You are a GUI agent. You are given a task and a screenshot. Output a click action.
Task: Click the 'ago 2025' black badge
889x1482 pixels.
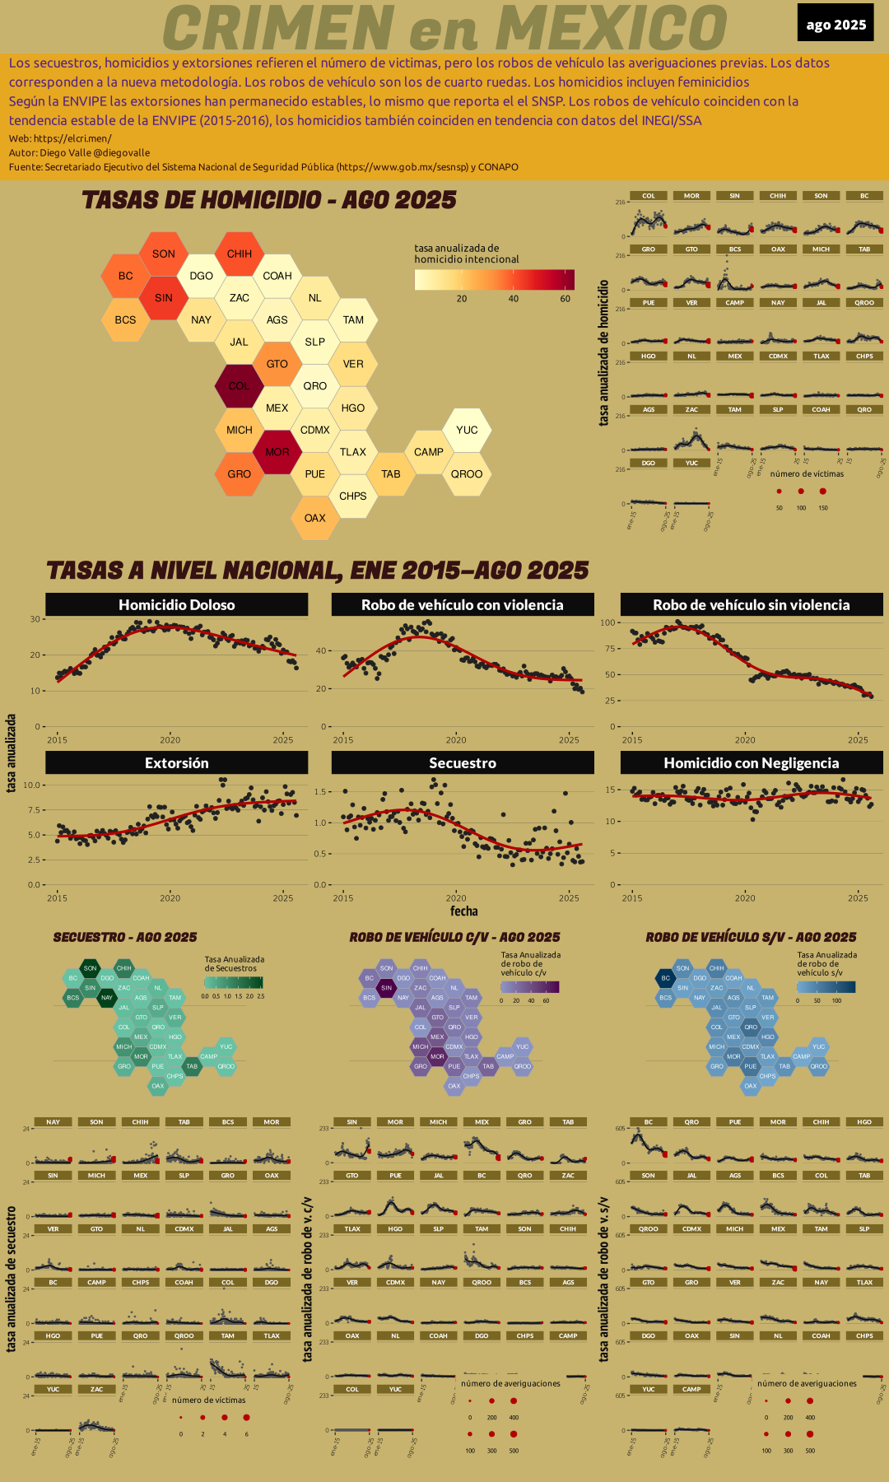(x=835, y=24)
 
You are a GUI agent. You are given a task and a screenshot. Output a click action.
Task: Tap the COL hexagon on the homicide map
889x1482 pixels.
(x=239, y=386)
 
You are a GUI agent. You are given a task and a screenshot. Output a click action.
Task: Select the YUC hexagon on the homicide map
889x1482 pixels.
(x=467, y=430)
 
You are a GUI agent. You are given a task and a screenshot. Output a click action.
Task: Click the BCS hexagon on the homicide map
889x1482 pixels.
(x=125, y=320)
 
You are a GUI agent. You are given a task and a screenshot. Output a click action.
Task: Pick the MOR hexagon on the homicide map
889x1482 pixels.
(x=277, y=452)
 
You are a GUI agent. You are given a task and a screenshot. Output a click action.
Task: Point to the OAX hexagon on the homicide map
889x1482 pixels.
(x=315, y=518)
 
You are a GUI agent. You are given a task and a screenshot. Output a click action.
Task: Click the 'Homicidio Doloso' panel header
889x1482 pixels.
(x=176, y=605)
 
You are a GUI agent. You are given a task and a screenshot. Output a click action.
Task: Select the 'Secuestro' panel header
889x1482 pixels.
(x=463, y=763)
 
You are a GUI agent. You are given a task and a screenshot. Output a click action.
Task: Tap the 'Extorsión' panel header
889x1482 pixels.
(x=176, y=763)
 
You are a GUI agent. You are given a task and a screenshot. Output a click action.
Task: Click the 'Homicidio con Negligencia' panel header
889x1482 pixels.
(x=751, y=763)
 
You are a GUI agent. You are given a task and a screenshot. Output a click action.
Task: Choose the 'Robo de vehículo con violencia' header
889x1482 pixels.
(x=463, y=605)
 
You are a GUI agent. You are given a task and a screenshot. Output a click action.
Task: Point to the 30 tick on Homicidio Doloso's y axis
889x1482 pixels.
(x=35, y=619)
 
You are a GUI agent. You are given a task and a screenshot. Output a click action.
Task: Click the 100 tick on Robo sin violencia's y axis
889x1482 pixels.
(x=608, y=622)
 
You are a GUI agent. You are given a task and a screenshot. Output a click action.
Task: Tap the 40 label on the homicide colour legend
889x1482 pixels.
(x=514, y=299)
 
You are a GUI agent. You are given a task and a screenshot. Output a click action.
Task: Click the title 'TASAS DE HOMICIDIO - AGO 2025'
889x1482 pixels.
(x=269, y=200)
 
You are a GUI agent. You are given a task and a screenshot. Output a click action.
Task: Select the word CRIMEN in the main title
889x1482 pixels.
(x=278, y=28)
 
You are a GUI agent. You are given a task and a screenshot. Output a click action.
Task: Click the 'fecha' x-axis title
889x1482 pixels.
(x=463, y=911)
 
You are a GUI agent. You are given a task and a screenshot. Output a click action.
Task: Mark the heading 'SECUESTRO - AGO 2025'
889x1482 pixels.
(x=125, y=937)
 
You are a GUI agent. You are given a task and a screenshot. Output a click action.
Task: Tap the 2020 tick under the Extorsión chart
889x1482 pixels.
(x=170, y=898)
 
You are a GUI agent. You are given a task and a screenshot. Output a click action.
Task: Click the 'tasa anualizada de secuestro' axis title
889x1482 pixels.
(x=12, y=1279)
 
